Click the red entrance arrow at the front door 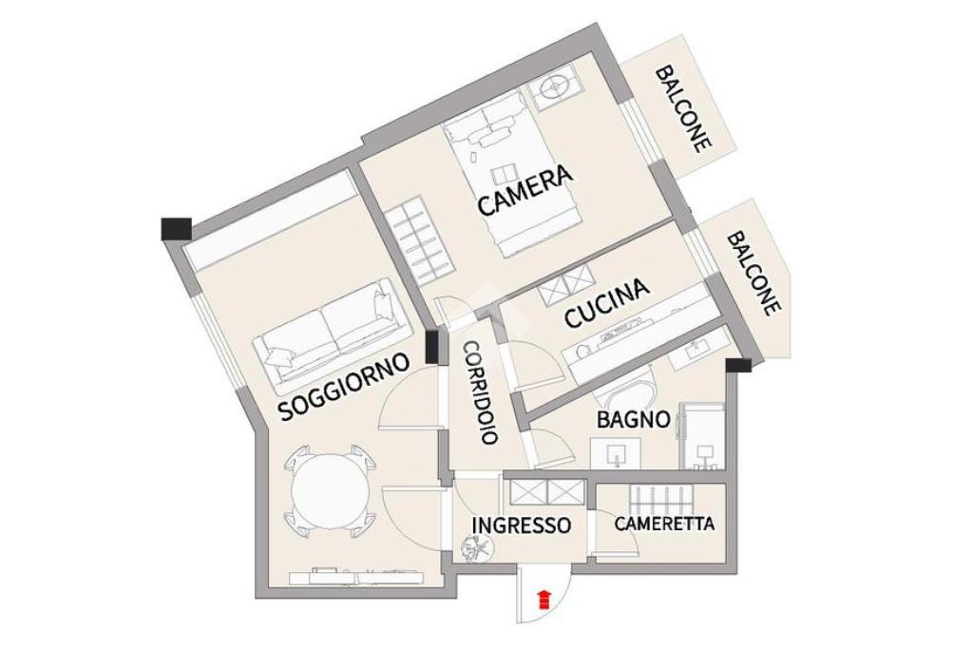coord(543,599)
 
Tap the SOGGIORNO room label coord(344,390)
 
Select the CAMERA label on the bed coord(525,190)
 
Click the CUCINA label coord(607,303)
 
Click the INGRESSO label coord(522,525)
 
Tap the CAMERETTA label coord(664,524)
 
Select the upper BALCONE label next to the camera coord(683,108)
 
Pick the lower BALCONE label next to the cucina coord(754,273)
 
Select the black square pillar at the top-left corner coord(176,228)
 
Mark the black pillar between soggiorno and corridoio coord(432,347)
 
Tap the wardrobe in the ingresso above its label coord(544,491)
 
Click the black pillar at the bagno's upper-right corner coord(737,364)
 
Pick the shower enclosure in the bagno coord(703,436)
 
